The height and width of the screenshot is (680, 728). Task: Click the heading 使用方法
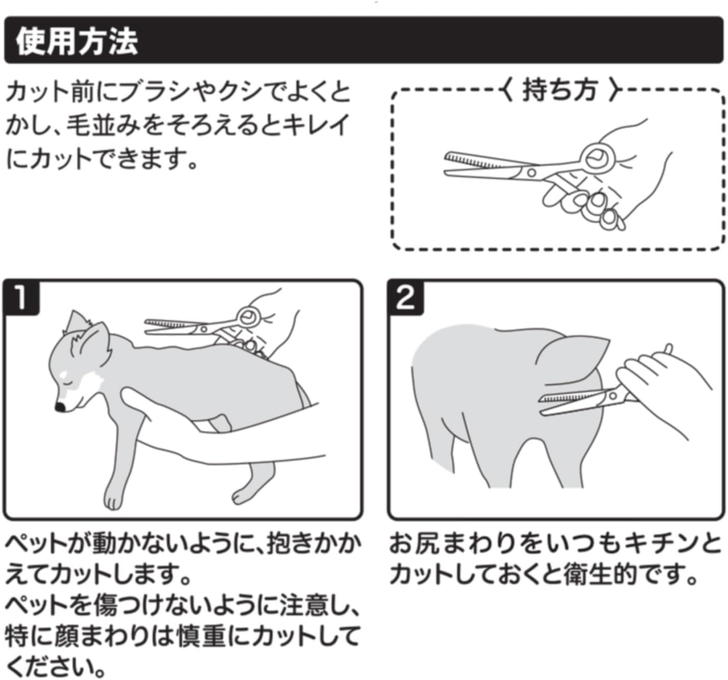(x=77, y=41)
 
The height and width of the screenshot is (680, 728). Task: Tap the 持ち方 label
(x=559, y=90)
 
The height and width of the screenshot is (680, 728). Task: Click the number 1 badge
(x=21, y=298)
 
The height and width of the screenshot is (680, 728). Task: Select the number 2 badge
(x=405, y=298)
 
